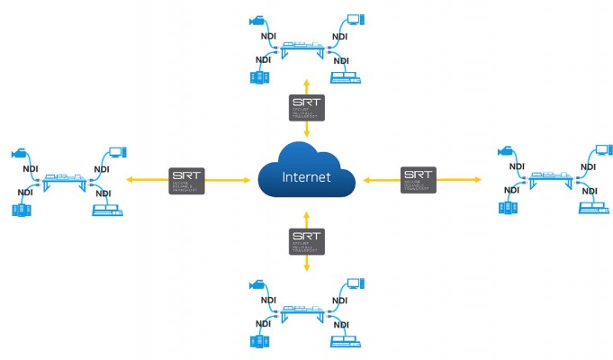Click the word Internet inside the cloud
coord(306,176)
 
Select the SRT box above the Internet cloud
coord(306,107)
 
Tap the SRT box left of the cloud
coord(186,177)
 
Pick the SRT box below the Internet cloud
coord(306,240)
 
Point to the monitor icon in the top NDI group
coord(355,19)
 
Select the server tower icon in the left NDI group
coord(22,210)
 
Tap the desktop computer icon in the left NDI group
coord(104,211)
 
